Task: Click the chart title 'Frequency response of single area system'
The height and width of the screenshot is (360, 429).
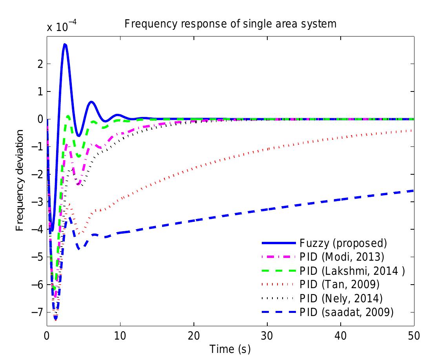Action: (x=230, y=24)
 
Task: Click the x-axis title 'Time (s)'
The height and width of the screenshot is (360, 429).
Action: (x=230, y=349)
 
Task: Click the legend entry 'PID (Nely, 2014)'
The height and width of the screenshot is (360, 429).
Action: (x=341, y=298)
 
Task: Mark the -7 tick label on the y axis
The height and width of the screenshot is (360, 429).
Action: (x=38, y=312)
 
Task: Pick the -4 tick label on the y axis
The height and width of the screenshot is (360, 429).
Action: (x=38, y=229)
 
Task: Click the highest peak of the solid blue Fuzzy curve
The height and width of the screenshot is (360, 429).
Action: (x=65, y=44)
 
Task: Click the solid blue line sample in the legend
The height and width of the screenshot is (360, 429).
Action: (x=275, y=243)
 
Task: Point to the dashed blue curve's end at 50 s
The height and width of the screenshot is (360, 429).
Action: (x=413, y=190)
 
